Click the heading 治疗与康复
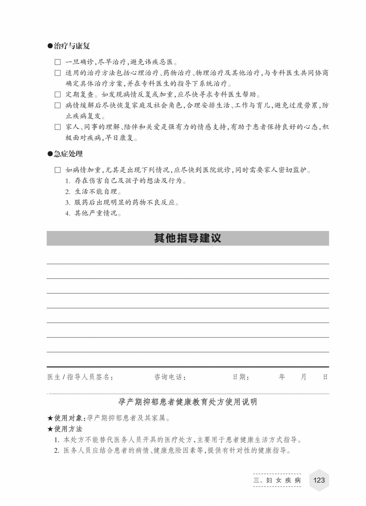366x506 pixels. [72, 46]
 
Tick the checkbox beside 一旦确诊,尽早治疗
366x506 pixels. [58, 62]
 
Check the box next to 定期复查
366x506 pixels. [58, 95]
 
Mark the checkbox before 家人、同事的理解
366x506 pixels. [58, 127]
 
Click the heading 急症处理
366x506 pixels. [68, 154]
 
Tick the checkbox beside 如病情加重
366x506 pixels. [58, 170]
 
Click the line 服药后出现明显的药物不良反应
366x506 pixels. [122, 203]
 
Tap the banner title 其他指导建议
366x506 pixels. [187, 238]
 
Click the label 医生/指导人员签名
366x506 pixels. [80, 377]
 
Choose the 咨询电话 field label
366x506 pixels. [170, 377]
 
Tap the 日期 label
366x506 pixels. [241, 377]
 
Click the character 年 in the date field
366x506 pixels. [282, 377]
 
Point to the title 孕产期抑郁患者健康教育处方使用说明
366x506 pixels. [187, 402]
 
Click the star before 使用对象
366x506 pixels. [50, 418]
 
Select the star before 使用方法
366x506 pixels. [50, 429]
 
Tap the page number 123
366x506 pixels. [319, 480]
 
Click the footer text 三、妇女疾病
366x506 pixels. [277, 480]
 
